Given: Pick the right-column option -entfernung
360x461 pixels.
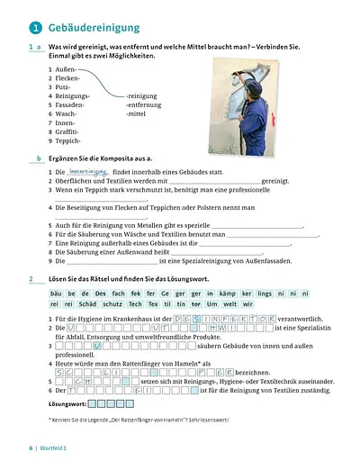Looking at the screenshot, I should [x=145, y=104].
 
